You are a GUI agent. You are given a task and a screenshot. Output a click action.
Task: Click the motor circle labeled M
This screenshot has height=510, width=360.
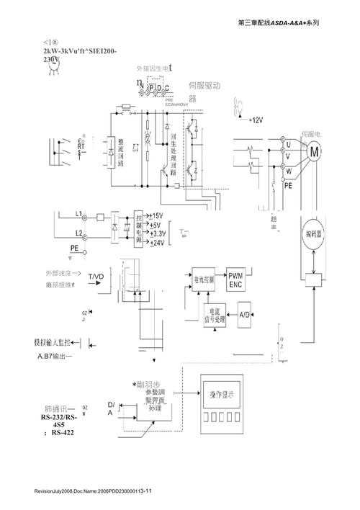click(x=314, y=151)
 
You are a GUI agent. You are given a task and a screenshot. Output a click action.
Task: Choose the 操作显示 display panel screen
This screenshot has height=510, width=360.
click(x=227, y=395)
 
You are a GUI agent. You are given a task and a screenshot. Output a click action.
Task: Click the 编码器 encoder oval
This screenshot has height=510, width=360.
click(x=314, y=233)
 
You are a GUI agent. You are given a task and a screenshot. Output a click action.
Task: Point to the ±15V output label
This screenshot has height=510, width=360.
click(x=155, y=216)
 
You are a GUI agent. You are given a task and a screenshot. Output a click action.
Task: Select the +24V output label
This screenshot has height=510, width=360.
click(x=156, y=243)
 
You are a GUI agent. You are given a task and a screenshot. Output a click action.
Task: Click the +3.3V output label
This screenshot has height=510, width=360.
click(x=158, y=234)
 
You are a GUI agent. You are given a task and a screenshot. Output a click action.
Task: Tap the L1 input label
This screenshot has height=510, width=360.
click(x=80, y=214)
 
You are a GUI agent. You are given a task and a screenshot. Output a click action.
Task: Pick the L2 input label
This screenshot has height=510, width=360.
click(x=80, y=233)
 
